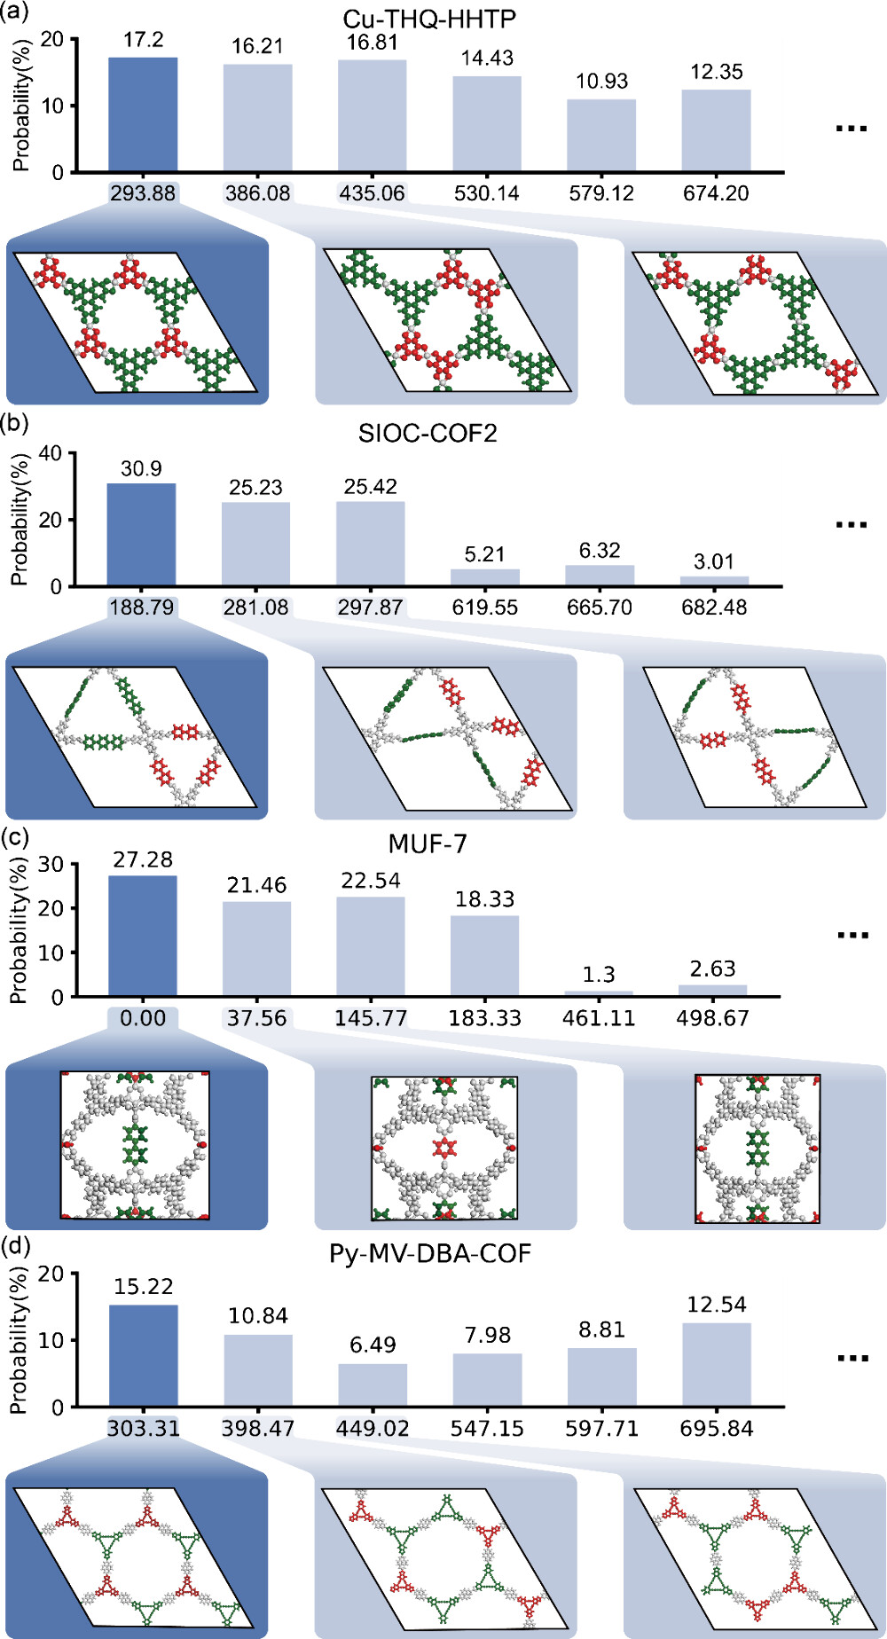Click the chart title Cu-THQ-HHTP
click(x=429, y=19)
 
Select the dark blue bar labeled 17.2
click(x=143, y=114)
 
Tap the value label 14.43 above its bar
click(x=487, y=59)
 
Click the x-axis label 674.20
click(x=716, y=193)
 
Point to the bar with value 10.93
click(x=601, y=136)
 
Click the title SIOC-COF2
click(x=428, y=434)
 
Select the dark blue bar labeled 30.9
click(x=141, y=535)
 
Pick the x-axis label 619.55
click(x=485, y=608)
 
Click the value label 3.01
click(x=714, y=561)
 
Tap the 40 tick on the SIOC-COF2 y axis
click(x=51, y=454)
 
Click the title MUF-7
click(x=428, y=843)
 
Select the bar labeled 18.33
click(x=484, y=956)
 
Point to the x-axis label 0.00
click(x=142, y=1018)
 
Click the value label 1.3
click(x=599, y=975)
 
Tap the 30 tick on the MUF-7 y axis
click(x=51, y=865)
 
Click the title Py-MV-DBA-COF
click(x=430, y=1254)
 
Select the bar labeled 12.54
click(x=716, y=1365)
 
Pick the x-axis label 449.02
click(x=373, y=1429)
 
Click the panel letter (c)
click(x=17, y=837)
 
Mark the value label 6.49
click(x=373, y=1345)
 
